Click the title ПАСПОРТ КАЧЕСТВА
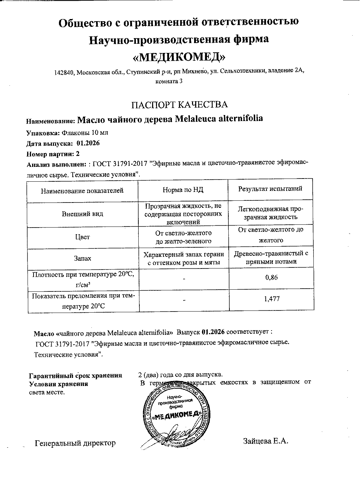pyautogui.click(x=180, y=104)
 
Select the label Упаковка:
pyautogui.click(x=43, y=133)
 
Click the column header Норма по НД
pyautogui.click(x=183, y=190)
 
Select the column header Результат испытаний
pyautogui.click(x=270, y=189)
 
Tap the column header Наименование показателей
pyautogui.click(x=82, y=191)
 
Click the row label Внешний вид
pyautogui.click(x=83, y=214)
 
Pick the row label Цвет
pyautogui.click(x=83, y=237)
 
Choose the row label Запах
pyautogui.click(x=83, y=258)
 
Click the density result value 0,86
pyautogui.click(x=271, y=277)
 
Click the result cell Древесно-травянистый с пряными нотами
pyautogui.click(x=271, y=258)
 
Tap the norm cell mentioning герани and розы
pyautogui.click(x=183, y=258)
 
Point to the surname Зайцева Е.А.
pyautogui.click(x=266, y=441)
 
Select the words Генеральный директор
pyautogui.click(x=75, y=443)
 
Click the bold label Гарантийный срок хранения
pyautogui.click(x=76, y=375)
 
